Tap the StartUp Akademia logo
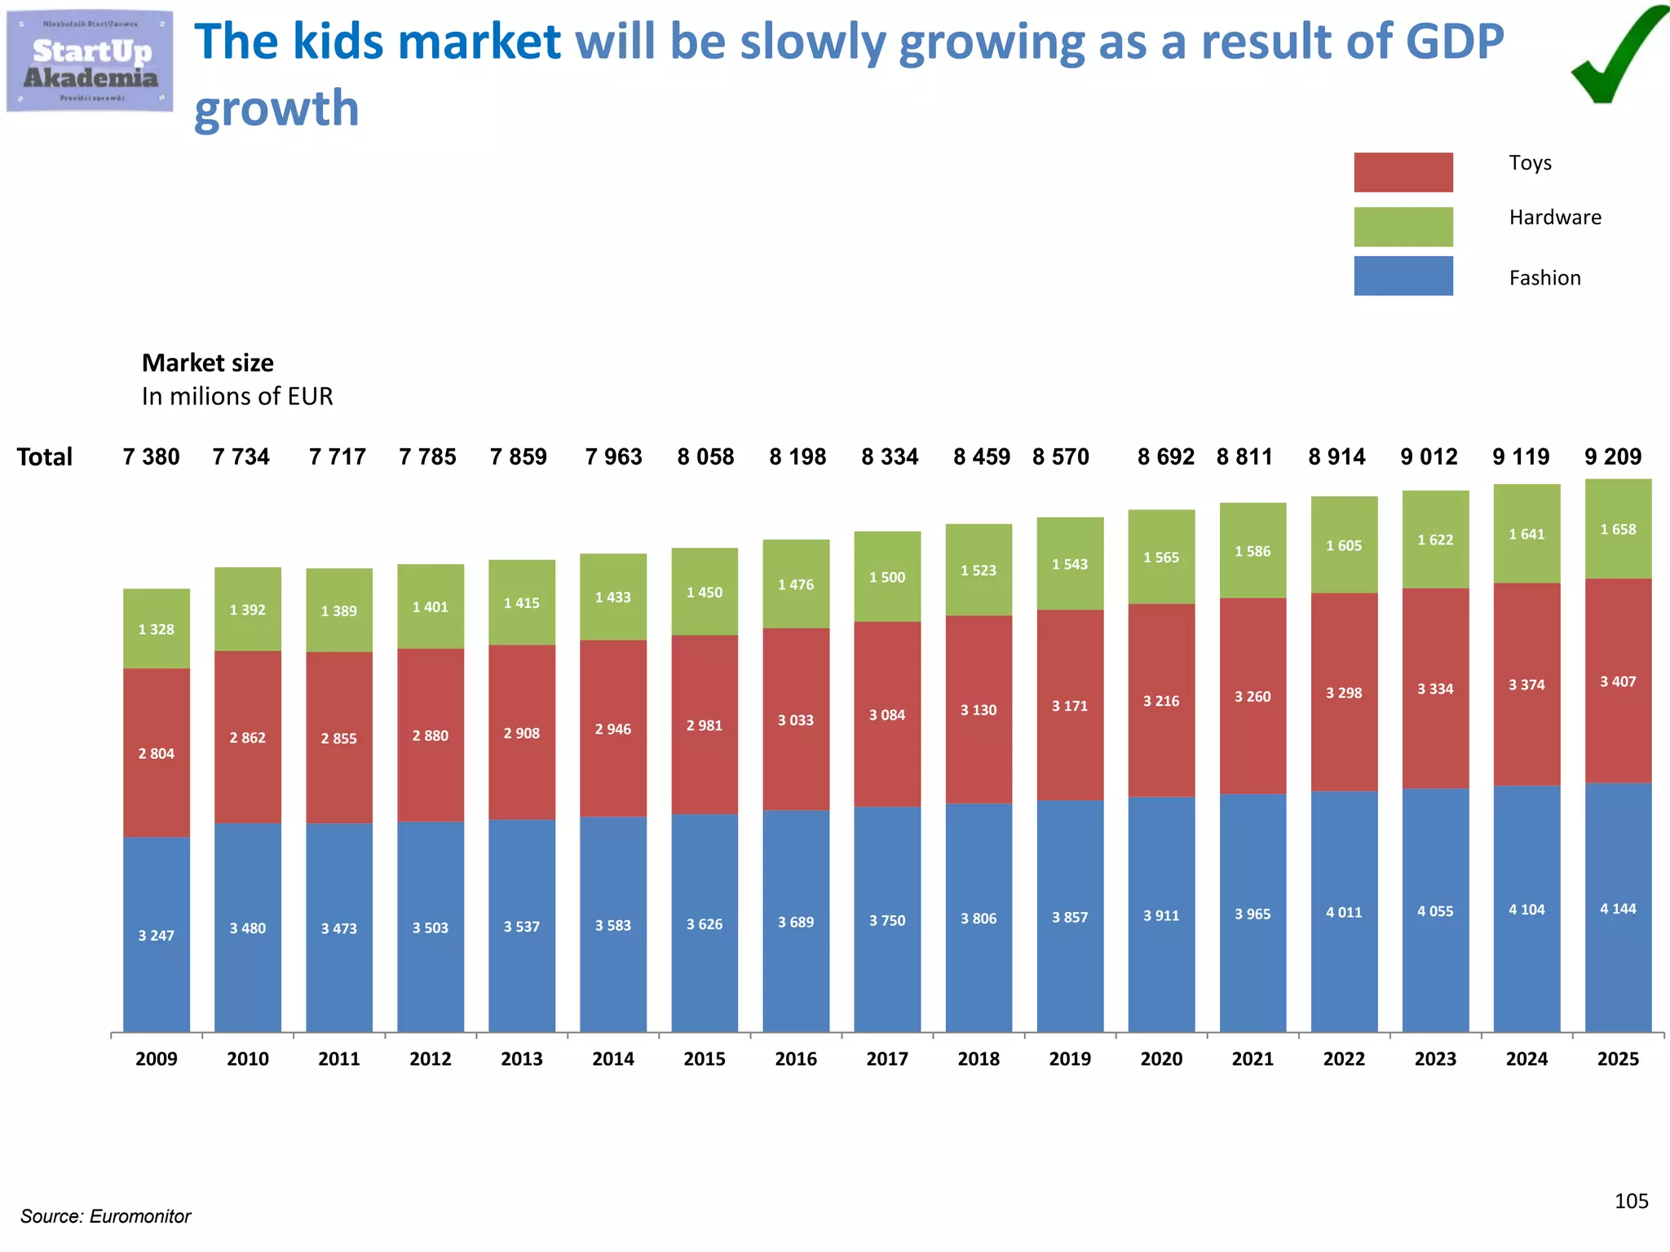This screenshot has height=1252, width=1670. pyautogui.click(x=90, y=62)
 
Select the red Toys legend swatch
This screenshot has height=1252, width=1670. pyautogui.click(x=1403, y=172)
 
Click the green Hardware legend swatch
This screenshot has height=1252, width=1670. pyautogui.click(x=1403, y=227)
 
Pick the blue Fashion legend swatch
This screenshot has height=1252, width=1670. pyautogui.click(x=1403, y=276)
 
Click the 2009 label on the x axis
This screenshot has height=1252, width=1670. pyautogui.click(x=156, y=1059)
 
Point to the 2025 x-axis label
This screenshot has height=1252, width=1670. pyautogui.click(x=1618, y=1059)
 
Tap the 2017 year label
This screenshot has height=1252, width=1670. pyautogui.click(x=887, y=1059)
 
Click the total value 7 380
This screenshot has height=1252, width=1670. pyautogui.click(x=151, y=456)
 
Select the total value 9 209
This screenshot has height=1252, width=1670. pyautogui.click(x=1613, y=456)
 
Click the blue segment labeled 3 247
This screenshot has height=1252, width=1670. pyautogui.click(x=156, y=935)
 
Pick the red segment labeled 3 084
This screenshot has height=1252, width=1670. pyautogui.click(x=887, y=714)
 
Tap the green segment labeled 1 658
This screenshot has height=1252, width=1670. pyautogui.click(x=1618, y=529)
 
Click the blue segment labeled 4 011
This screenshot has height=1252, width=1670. pyautogui.click(x=1344, y=912)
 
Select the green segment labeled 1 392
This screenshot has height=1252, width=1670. pyautogui.click(x=247, y=609)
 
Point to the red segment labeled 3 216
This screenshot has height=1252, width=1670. pyautogui.click(x=1161, y=700)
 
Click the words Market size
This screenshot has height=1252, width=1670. pyautogui.click(x=208, y=363)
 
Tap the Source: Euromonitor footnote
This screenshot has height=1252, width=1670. pyautogui.click(x=105, y=1216)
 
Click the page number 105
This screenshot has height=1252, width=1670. pyautogui.click(x=1631, y=1201)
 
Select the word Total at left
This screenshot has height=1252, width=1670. pyautogui.click(x=45, y=456)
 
